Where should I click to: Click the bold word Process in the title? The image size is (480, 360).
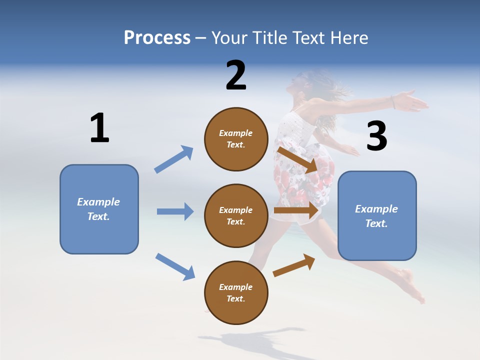tap(157, 38)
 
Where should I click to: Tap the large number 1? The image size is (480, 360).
tap(99, 128)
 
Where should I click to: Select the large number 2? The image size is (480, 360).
tap(236, 75)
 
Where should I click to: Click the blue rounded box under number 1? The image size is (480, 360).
tap(99, 209)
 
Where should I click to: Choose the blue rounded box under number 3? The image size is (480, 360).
tap(377, 215)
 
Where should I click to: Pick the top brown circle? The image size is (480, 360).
tap(236, 139)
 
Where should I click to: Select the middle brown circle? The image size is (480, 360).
tap(236, 215)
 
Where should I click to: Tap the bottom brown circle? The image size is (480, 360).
tap(236, 292)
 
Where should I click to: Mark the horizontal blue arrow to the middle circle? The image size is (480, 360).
tap(175, 211)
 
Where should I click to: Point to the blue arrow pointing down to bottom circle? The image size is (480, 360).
tap(175, 266)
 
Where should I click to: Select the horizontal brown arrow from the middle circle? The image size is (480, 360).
tap(296, 210)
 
